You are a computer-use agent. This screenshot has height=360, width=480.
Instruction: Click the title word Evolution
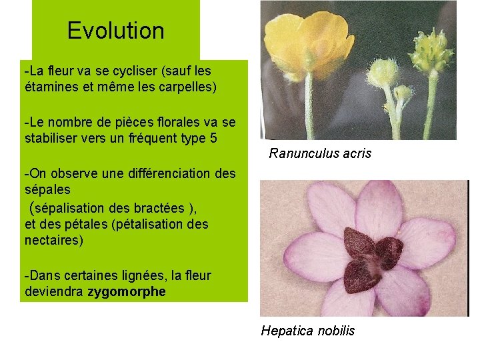tap(115, 31)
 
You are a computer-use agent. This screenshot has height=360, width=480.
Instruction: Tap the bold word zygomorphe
tap(127, 292)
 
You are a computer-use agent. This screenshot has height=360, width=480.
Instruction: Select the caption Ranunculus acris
tap(320, 154)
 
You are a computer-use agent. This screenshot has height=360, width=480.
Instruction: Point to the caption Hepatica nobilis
tap(307, 331)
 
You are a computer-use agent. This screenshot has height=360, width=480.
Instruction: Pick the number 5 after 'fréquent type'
tap(213, 137)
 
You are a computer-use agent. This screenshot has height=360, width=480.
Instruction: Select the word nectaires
tap(54, 240)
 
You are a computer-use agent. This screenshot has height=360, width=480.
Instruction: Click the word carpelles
tap(187, 86)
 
